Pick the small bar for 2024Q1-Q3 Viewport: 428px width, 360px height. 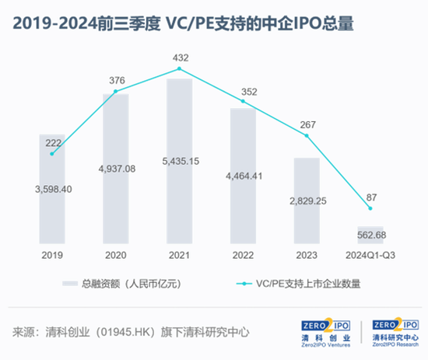click(x=370, y=234)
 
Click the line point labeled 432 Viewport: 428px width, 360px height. click(x=179, y=68)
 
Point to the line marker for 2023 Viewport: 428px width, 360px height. click(x=307, y=135)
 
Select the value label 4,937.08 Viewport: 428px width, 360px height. click(x=115, y=169)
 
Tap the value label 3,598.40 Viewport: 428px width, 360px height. click(x=52, y=189)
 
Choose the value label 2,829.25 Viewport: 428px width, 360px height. click(x=307, y=201)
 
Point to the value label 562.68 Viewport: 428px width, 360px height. click(x=370, y=235)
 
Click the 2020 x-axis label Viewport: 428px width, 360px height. click(x=115, y=254)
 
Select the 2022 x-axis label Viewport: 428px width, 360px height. click(x=243, y=254)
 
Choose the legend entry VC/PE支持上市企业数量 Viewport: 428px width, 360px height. click(x=307, y=284)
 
